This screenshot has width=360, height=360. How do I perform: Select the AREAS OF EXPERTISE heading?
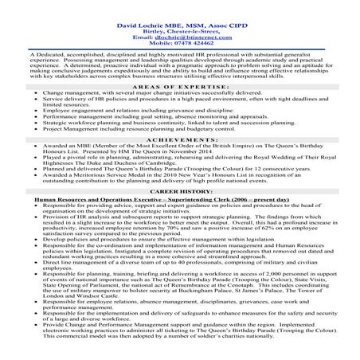(x=180, y=84)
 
